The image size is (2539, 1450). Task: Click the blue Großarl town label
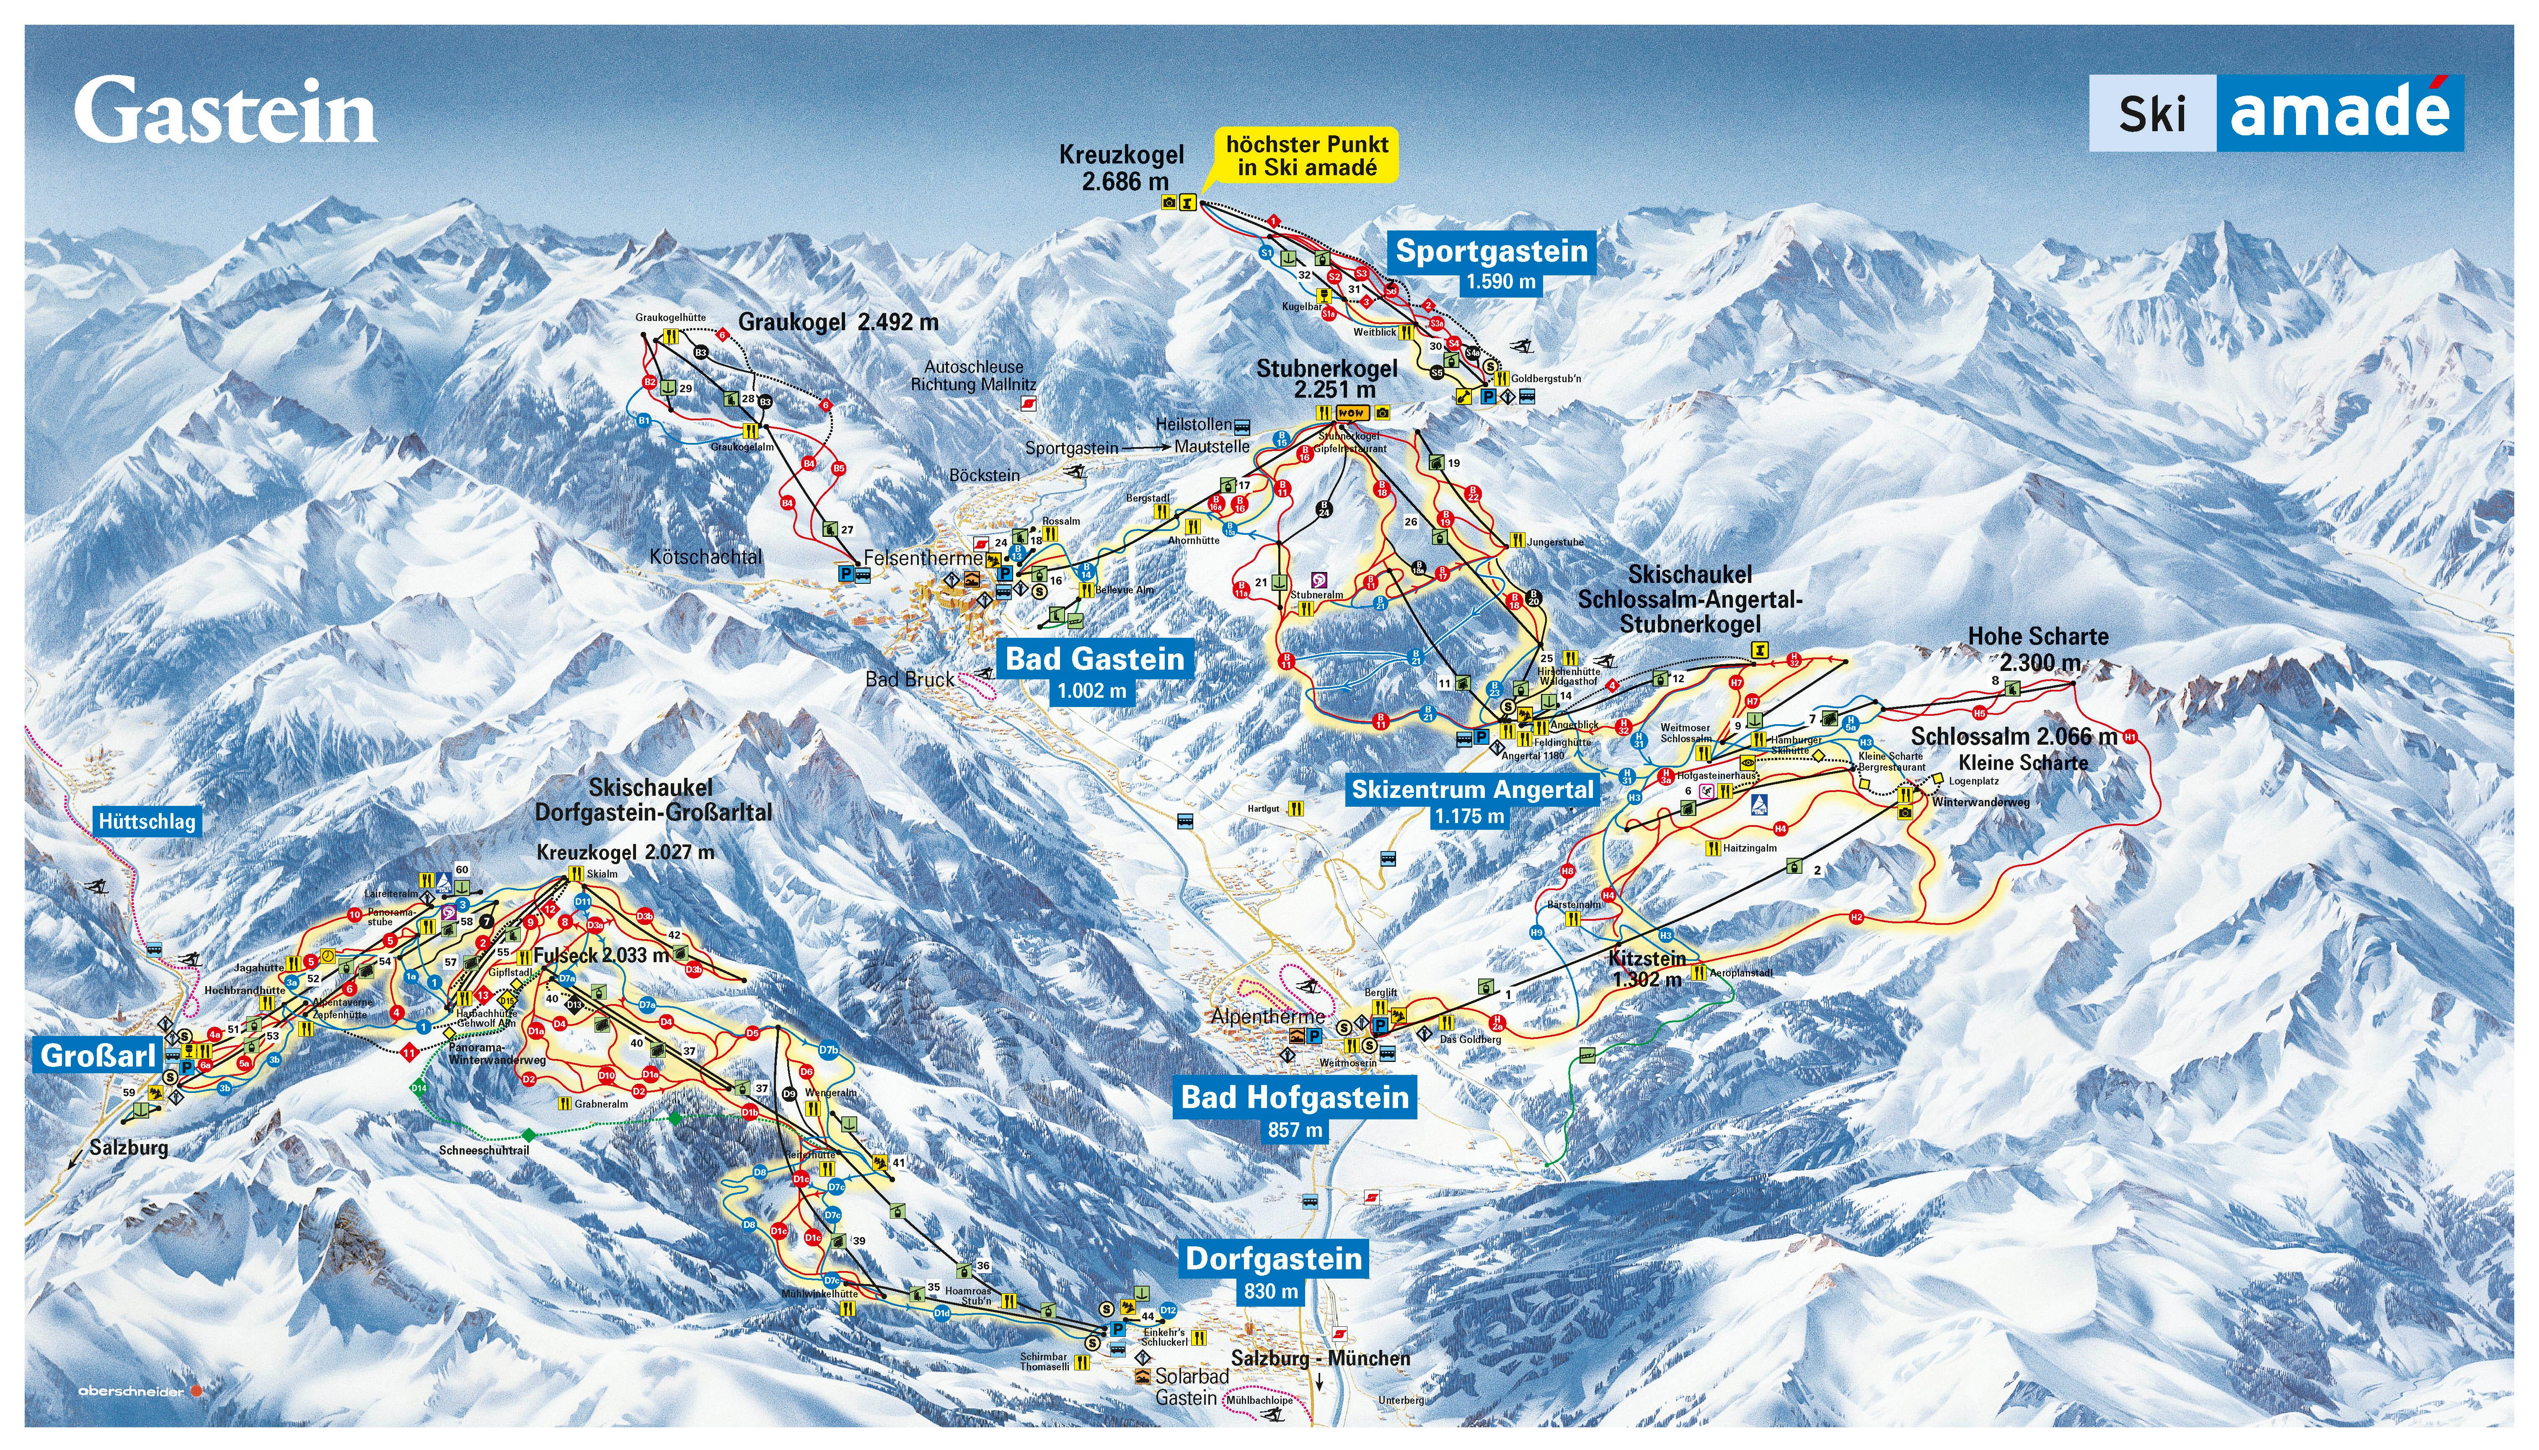(x=98, y=1056)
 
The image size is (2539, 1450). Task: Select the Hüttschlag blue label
(x=147, y=822)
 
